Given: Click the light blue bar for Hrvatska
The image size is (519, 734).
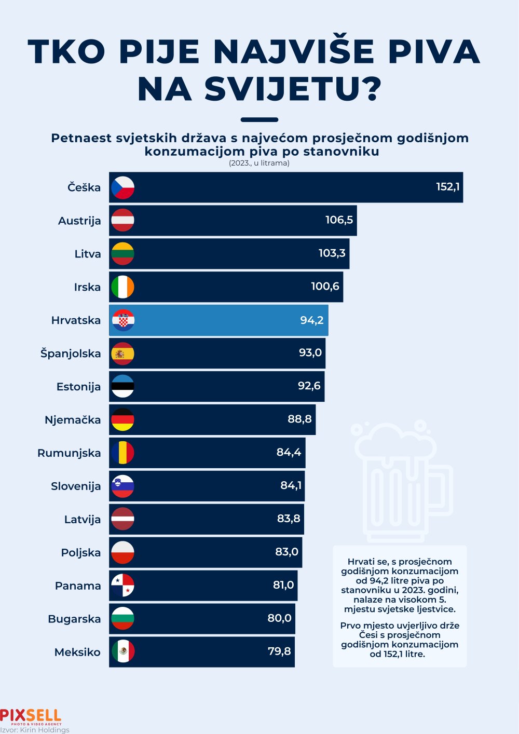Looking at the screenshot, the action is click(218, 320).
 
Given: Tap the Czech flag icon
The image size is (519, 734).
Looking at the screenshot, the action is click(122, 188).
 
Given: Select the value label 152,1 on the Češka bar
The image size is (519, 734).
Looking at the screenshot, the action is click(447, 187).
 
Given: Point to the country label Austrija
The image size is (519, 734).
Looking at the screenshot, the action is click(79, 221).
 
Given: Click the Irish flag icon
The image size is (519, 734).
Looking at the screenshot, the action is click(122, 287).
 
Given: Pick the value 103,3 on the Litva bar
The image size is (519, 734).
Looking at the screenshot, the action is click(332, 253).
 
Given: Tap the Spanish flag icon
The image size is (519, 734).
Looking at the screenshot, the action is click(122, 354).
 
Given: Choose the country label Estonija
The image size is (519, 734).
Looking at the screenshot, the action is click(79, 387).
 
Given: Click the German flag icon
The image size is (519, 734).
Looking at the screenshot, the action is click(122, 420).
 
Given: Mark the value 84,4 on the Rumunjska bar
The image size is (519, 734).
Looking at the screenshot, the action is click(289, 452).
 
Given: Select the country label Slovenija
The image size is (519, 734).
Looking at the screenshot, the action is click(76, 486).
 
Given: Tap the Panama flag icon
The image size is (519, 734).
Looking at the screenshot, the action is click(122, 586).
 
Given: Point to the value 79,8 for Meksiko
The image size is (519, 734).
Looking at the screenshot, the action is click(279, 651).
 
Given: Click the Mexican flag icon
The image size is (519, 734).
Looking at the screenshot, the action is click(122, 652).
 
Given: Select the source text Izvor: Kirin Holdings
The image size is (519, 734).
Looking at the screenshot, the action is click(35, 730).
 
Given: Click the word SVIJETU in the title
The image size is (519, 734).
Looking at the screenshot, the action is click(293, 89).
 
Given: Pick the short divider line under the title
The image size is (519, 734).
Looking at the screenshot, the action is click(259, 120).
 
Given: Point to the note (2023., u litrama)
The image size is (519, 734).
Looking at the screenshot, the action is click(259, 163).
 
